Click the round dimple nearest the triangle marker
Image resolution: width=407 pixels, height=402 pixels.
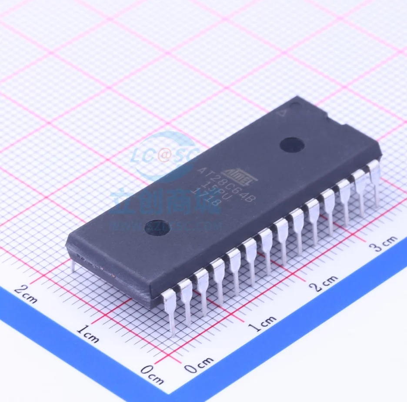(291, 144)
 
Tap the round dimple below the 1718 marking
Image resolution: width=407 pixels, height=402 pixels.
(157, 228)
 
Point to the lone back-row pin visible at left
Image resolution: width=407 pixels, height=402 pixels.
(73, 265)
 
